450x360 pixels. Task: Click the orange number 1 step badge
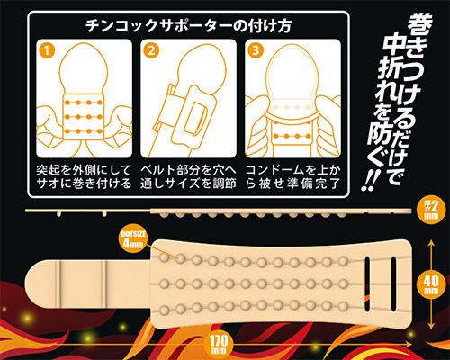47,50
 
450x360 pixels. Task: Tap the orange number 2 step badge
151,50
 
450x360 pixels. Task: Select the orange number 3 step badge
256,50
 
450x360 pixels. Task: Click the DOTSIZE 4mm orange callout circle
133,239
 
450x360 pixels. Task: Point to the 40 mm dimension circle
431,284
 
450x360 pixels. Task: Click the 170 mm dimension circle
219,344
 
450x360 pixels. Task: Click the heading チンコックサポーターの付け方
189,26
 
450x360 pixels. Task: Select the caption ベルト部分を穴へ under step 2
189,170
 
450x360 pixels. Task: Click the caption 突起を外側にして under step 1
84,170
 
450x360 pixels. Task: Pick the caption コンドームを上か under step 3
293,170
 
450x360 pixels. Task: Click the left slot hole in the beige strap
367,283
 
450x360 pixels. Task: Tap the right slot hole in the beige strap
394,283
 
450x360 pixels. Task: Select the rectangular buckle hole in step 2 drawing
193,118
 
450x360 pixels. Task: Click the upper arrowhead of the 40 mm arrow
431,242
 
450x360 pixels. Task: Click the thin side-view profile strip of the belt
218,211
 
